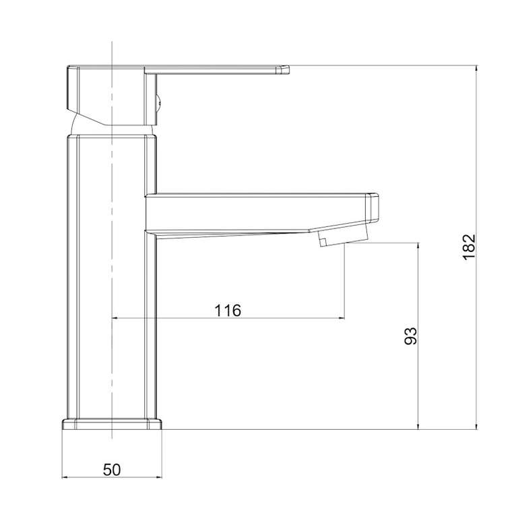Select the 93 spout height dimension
(410, 335)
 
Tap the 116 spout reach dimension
(228, 310)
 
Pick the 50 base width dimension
(112, 470)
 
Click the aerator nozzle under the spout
(343, 234)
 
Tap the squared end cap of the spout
(373, 208)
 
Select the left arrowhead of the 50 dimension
(64, 478)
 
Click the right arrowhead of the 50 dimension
(159, 478)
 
